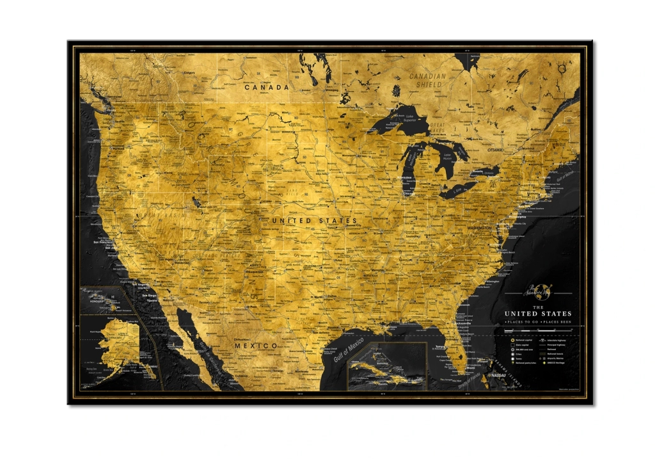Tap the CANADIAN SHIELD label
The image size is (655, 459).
[x=428, y=80]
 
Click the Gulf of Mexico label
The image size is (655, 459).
[x=349, y=350]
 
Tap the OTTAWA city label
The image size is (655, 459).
[x=494, y=150]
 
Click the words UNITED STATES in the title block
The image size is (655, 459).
[x=538, y=314]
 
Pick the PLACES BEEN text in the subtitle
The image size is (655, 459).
[x=556, y=321]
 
